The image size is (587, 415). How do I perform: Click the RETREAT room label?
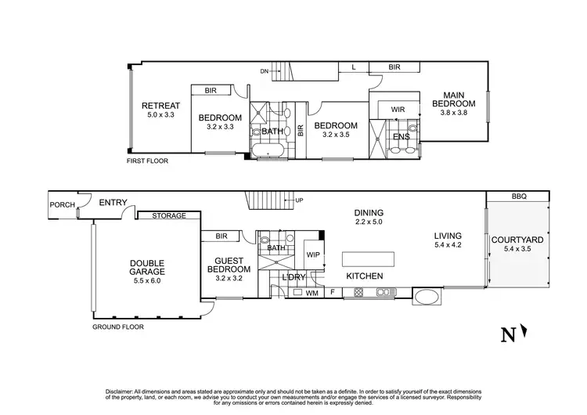coord(160,106)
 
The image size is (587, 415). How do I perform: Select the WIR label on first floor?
coord(398,110)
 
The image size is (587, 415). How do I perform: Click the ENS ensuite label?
coord(400,135)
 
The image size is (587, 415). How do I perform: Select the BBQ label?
coord(519,196)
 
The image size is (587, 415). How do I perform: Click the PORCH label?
coord(63,205)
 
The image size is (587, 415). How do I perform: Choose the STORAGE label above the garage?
coord(169,215)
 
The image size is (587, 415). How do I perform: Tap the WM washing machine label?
coord(311,294)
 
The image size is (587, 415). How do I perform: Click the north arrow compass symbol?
coord(513,334)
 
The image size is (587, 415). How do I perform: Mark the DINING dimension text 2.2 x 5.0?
coord(367,223)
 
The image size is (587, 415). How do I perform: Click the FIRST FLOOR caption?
coord(147,161)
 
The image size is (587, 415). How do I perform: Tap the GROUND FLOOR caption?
coord(118,327)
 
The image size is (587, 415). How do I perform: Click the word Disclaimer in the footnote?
coord(119,390)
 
